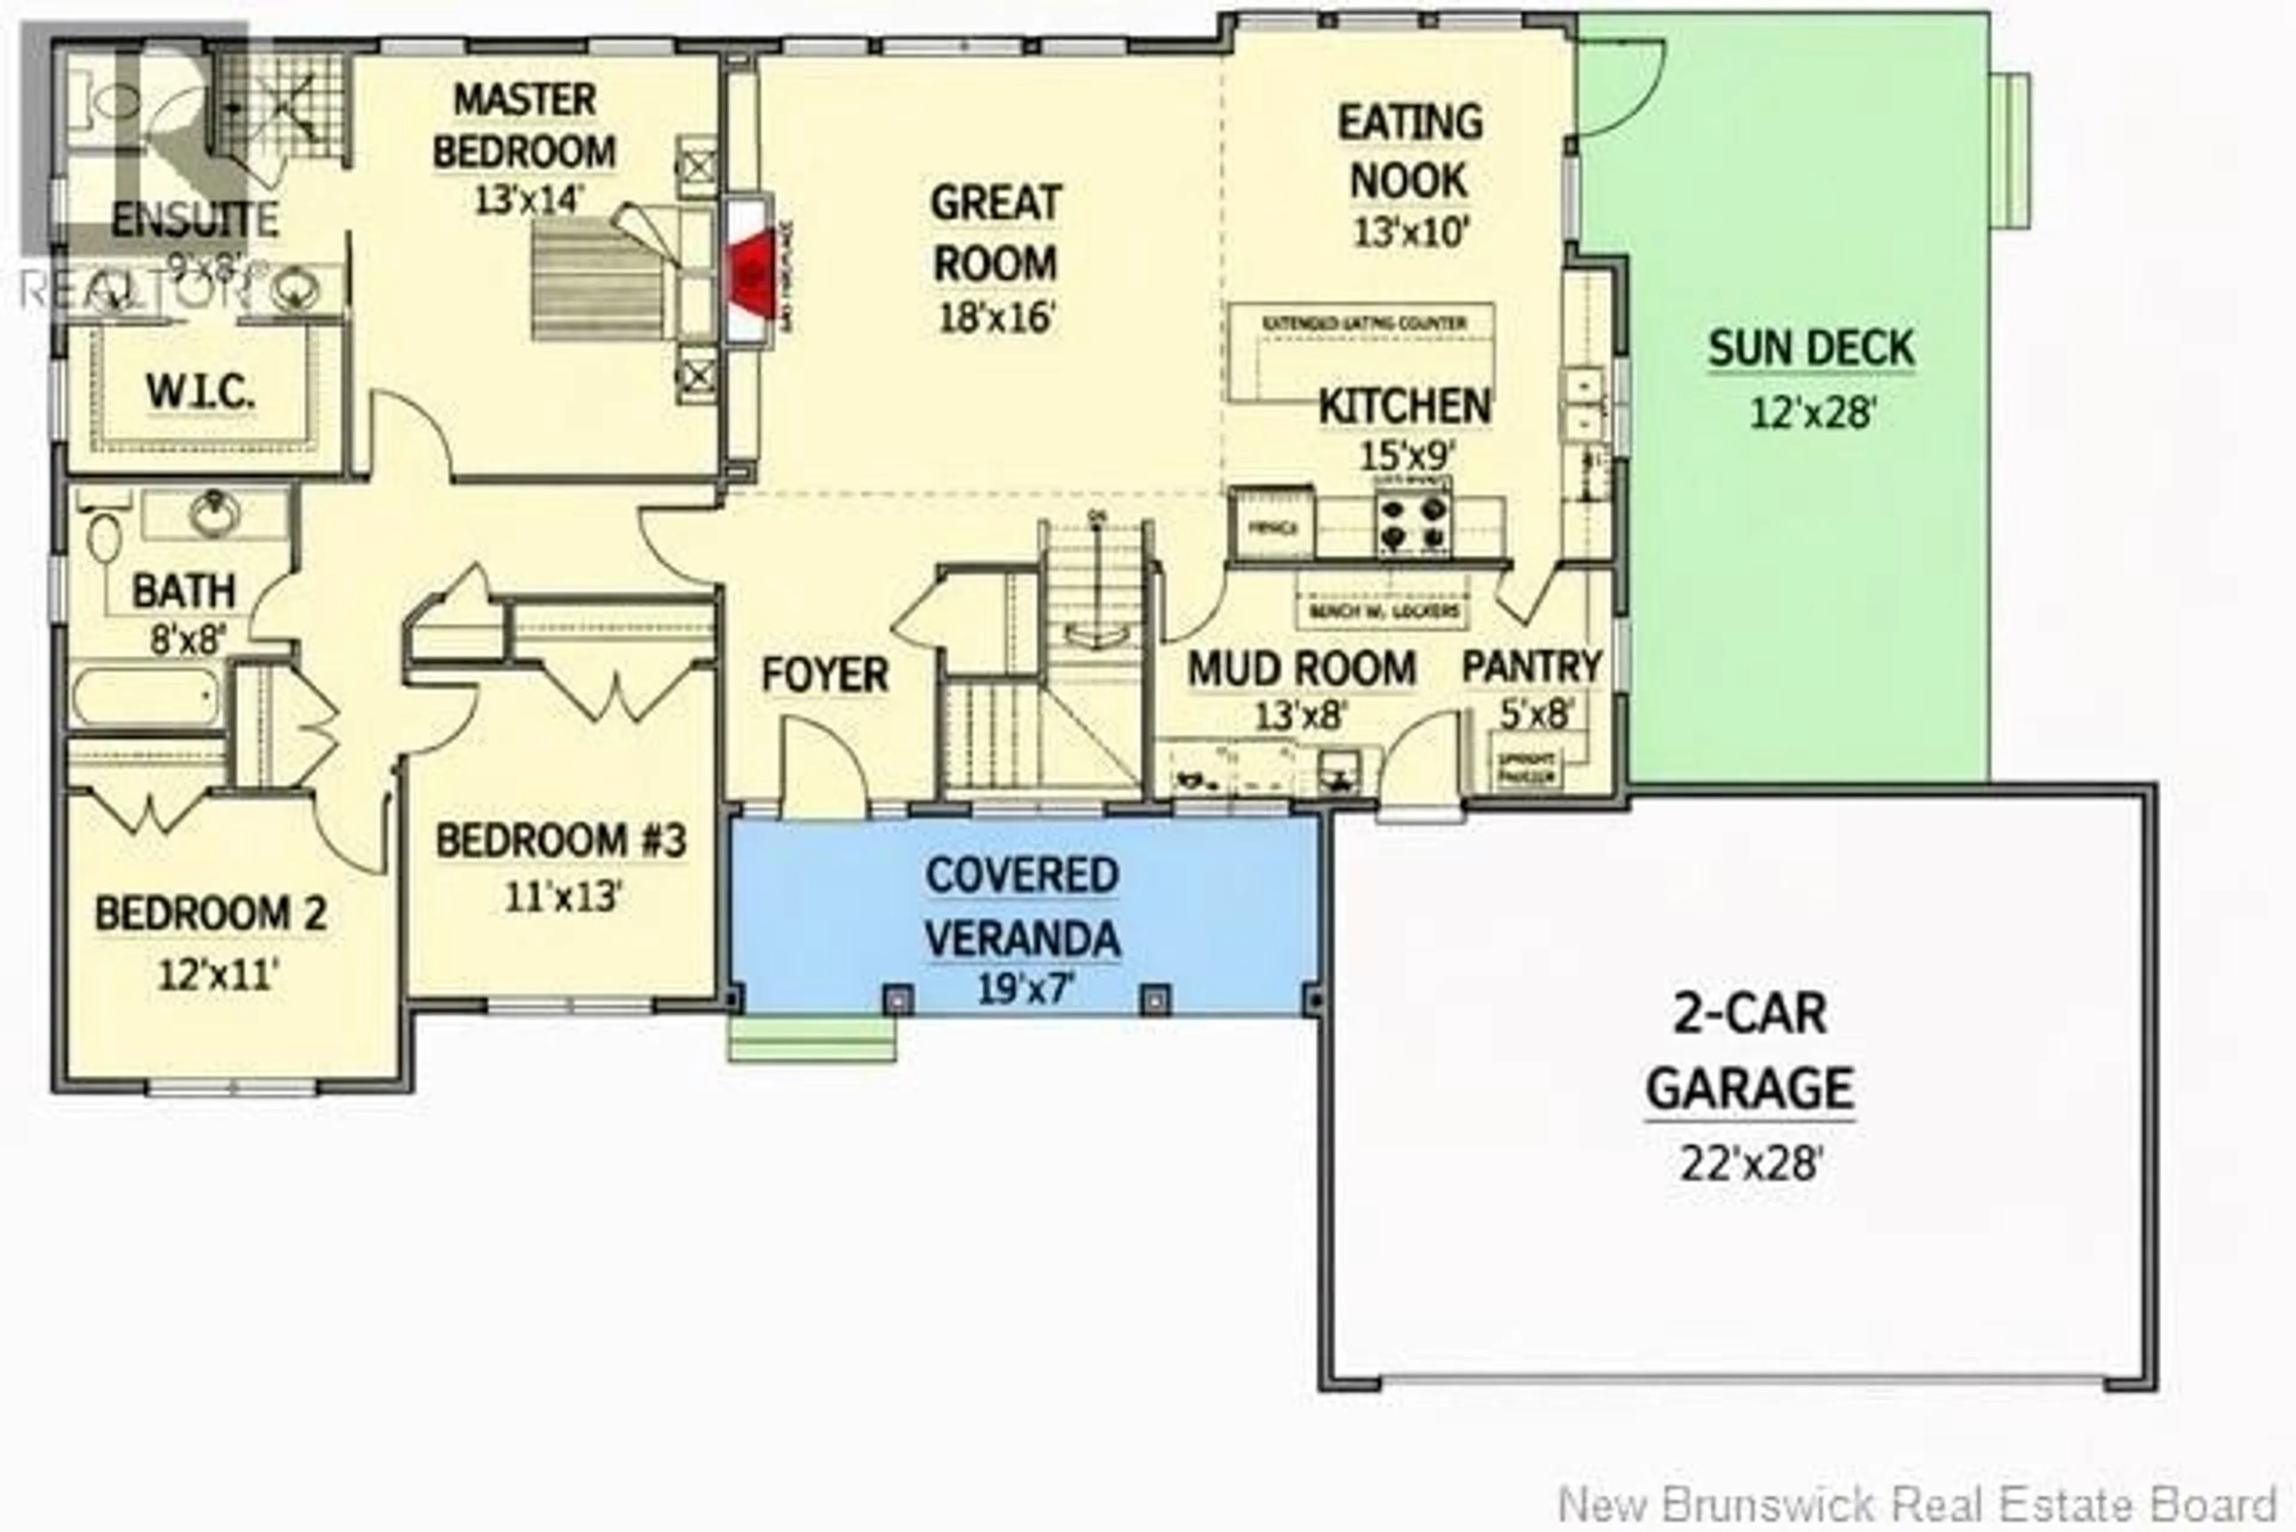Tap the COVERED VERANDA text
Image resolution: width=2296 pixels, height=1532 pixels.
(x=1022, y=907)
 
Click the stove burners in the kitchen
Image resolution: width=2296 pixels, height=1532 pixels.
(x=1413, y=523)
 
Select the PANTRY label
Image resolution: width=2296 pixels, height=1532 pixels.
(x=1531, y=667)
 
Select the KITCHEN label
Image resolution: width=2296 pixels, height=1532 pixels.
(x=1404, y=407)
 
